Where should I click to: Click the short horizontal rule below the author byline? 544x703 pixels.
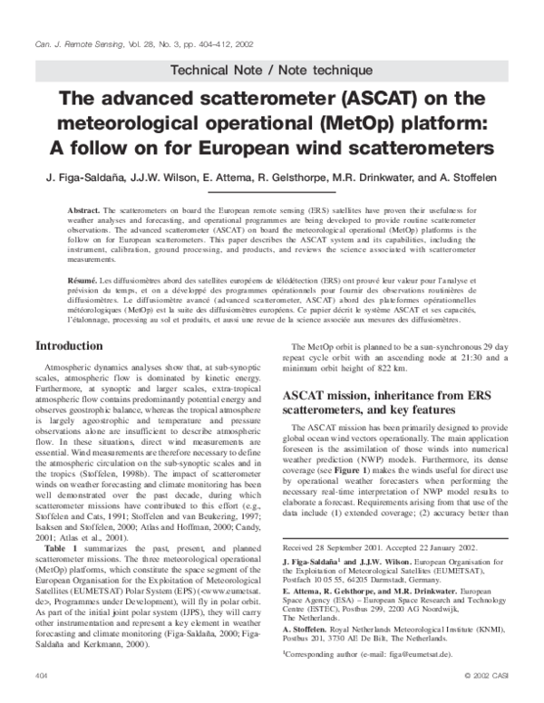click(271, 189)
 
